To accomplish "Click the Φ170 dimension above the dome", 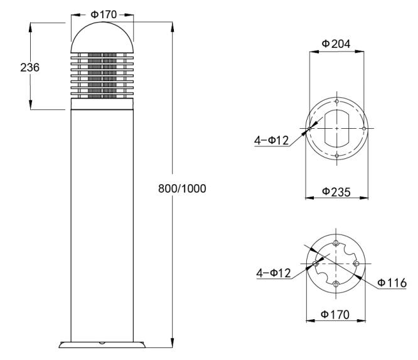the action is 104,14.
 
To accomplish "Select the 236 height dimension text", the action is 30,67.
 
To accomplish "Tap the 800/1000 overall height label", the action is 182,188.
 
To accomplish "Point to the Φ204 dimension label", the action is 336,44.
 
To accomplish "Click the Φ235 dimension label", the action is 336,192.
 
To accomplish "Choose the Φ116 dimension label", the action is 392,283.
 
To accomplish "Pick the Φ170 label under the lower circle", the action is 335,314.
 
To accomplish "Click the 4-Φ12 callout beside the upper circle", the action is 271,140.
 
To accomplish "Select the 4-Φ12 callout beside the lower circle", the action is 274,273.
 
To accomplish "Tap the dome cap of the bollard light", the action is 102,37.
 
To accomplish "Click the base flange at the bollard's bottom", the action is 102,344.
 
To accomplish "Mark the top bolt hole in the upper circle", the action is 337,101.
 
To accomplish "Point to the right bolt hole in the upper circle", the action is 364,129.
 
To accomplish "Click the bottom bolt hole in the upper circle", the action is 337,156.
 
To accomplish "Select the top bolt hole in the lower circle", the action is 336,243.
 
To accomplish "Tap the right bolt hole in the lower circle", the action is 356,264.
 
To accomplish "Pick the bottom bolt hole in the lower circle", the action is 336,285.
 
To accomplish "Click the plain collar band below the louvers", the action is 102,104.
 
